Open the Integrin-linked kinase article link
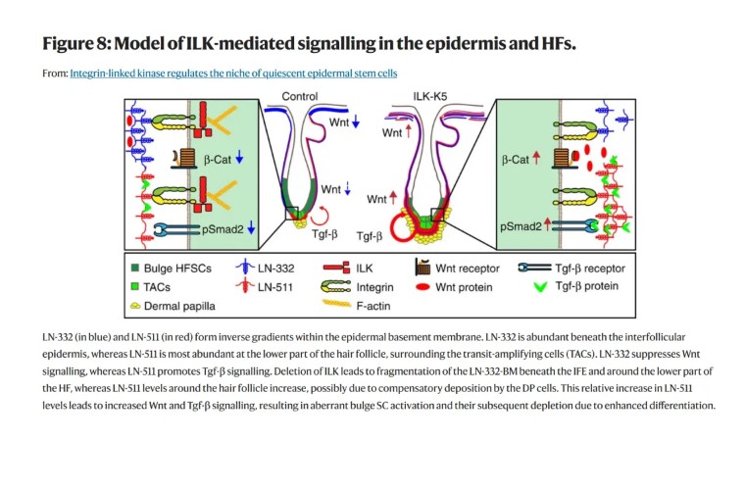pyautogui.click(x=233, y=73)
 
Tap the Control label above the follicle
pyautogui.click(x=300, y=96)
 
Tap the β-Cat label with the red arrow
pyautogui.click(x=518, y=158)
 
